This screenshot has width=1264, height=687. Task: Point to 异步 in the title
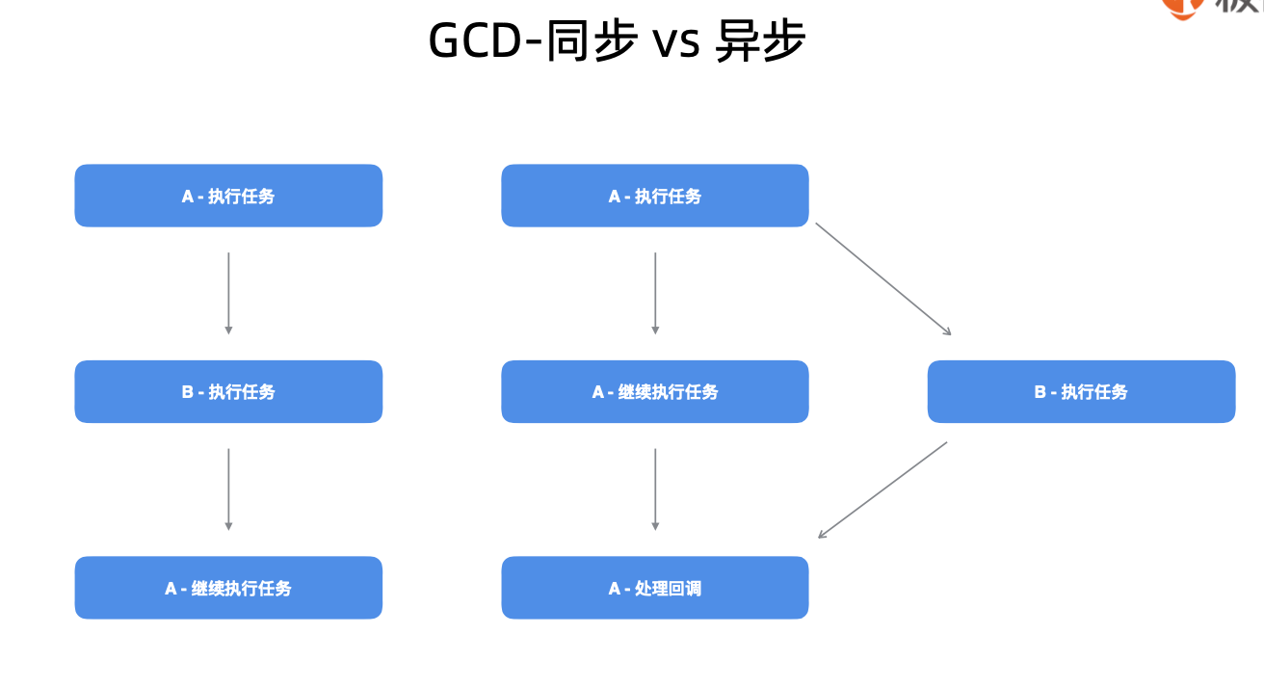tap(759, 41)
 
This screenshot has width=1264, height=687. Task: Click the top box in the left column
tap(228, 196)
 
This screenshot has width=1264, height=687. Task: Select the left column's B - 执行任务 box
tap(228, 391)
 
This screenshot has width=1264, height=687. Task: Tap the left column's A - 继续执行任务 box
tap(228, 588)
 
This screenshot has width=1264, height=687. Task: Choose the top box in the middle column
tap(655, 196)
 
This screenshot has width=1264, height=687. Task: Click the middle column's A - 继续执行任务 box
tap(655, 391)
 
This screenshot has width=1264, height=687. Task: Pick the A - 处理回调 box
tap(655, 588)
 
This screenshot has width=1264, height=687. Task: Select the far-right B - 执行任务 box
tap(1081, 391)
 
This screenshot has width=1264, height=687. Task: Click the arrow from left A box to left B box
tap(228, 293)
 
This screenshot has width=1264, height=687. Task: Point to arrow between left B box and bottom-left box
tap(228, 489)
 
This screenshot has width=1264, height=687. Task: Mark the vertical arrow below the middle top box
tap(655, 293)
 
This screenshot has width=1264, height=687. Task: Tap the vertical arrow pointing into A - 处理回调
tap(655, 489)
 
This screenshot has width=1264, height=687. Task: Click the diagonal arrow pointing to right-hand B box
tap(883, 278)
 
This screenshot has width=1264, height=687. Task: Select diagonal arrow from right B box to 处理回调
tap(882, 489)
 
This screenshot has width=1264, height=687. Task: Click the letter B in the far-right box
tap(1040, 392)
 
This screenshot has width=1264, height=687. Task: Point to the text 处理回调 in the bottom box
tap(668, 588)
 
